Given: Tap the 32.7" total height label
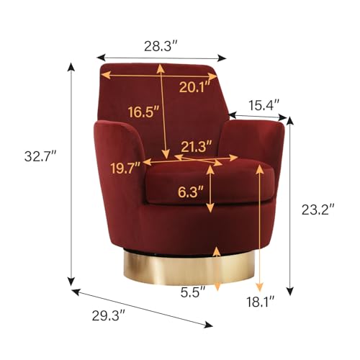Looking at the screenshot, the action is point(40,156).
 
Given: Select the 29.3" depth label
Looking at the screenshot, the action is point(109,315).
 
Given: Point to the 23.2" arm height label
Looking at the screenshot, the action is point(318,210).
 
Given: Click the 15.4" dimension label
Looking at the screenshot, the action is point(264,105).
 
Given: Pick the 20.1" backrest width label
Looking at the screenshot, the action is point(195,87).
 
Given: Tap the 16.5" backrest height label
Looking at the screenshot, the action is point(143,112).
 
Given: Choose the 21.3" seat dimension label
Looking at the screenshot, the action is point(197,147).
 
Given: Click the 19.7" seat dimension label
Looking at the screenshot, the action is point(125,168).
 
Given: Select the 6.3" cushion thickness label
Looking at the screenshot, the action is point(191,192).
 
